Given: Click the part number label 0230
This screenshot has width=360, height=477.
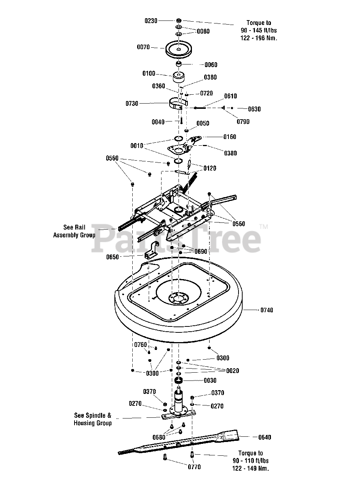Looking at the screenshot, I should pos(151,21).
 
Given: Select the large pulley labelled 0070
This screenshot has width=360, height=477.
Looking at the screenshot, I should pos(179,49).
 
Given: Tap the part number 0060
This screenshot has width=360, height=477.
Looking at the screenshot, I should pos(211,65).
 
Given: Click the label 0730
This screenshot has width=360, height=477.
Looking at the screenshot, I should pos(132,104).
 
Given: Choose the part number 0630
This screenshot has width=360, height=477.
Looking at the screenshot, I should pos(255,109).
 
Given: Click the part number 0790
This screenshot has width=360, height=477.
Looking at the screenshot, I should pos(243,121).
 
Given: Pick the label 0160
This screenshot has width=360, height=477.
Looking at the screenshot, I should pos(230,137).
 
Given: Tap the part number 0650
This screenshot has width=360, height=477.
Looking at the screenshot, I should pos(113,257).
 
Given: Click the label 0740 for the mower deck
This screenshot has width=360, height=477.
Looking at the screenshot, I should pos(267,310).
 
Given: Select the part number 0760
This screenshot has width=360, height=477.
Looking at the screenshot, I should pos(140,345).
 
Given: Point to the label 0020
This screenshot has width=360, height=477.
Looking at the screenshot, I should pos(233,371).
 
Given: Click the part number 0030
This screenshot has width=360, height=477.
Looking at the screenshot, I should pos(210,380).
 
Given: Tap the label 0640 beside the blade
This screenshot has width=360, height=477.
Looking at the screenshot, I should pos(265,437).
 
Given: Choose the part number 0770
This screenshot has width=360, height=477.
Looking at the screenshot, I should pos(194,467).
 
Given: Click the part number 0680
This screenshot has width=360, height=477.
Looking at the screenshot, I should pos(159,437).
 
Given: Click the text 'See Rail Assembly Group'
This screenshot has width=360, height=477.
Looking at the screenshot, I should pos(74,231).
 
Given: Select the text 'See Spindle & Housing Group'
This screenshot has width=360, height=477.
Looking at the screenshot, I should pos(93,419).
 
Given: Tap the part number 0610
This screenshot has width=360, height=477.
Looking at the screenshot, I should pos(231,96).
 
